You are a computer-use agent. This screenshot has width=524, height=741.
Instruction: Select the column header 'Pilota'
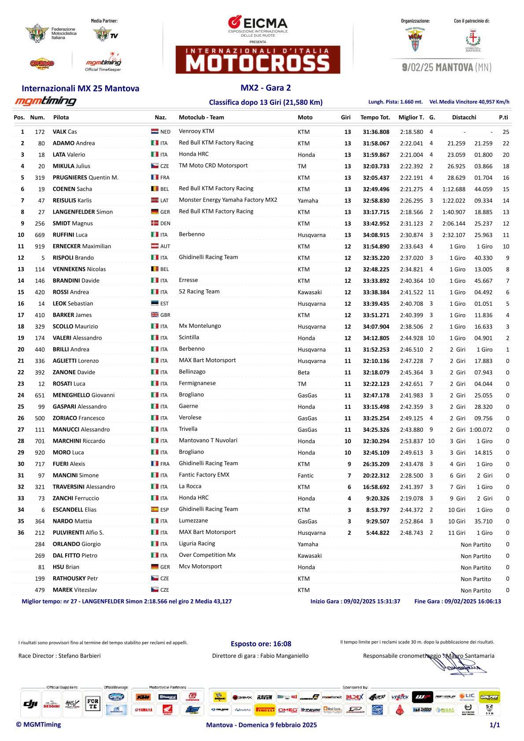point(61,117)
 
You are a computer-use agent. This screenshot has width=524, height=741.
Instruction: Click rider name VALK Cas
point(65,132)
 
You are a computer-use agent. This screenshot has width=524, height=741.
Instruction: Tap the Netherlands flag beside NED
point(155,132)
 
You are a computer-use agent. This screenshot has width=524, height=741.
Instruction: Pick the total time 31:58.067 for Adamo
point(376,143)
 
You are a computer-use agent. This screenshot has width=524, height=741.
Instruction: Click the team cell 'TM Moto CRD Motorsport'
point(213,166)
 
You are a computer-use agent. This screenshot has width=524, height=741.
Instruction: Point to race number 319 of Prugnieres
point(40,178)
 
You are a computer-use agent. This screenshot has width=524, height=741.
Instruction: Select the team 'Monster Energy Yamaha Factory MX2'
point(228,200)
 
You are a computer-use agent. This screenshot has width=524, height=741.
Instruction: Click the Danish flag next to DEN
point(155,223)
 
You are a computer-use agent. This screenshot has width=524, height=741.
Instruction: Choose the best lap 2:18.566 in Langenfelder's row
point(411,212)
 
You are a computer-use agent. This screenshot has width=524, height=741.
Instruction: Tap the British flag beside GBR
point(155,315)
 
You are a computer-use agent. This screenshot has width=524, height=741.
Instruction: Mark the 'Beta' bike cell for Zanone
point(303,372)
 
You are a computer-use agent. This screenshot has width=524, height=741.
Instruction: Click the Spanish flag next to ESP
point(155,510)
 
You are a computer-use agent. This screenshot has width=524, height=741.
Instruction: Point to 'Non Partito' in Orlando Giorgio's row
point(476,545)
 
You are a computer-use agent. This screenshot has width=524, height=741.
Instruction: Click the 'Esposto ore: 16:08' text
point(261,644)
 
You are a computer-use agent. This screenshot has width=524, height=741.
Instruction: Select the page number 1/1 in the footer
point(494,725)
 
